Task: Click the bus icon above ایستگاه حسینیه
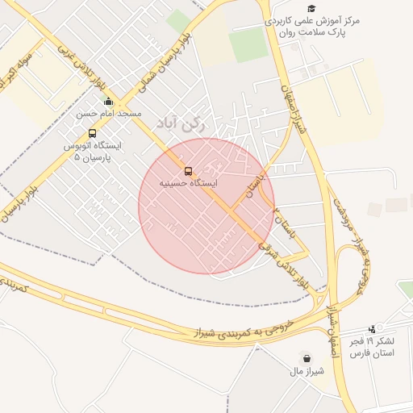[x=188, y=171]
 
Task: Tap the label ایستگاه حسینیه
[x=188, y=184]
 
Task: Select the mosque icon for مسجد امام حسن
[x=109, y=102]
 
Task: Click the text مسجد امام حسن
[x=109, y=115]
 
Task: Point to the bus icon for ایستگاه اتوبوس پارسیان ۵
[x=92, y=133]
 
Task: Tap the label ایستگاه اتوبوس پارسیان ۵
[x=93, y=152]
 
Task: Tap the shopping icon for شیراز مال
[x=307, y=358]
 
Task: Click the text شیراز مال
[x=307, y=371]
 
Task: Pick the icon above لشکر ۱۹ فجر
[x=372, y=328]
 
